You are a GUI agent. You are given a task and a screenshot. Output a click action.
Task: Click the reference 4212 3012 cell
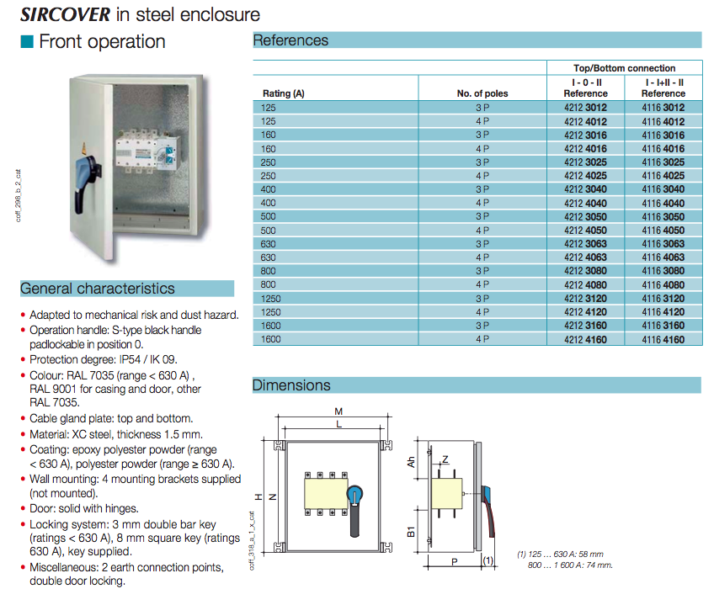(584, 108)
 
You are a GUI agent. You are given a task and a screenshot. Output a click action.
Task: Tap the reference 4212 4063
(584, 257)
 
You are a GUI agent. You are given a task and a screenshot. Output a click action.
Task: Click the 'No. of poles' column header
(482, 93)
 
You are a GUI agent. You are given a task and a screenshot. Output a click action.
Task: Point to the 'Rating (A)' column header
(283, 93)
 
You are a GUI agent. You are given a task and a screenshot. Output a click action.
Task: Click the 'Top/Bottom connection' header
(624, 68)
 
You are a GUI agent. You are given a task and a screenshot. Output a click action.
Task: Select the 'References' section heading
(290, 40)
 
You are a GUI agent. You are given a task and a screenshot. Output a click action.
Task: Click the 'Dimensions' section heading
(291, 385)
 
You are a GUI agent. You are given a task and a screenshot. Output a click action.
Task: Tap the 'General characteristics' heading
(98, 289)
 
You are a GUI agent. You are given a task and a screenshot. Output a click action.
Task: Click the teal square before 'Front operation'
(28, 41)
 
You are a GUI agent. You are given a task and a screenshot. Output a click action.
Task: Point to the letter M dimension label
(338, 411)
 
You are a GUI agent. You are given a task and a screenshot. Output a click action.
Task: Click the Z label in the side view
(445, 459)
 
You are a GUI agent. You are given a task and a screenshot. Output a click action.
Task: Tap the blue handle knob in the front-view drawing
(357, 491)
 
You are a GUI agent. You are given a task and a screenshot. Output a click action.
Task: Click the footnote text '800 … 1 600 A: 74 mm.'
(570, 565)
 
